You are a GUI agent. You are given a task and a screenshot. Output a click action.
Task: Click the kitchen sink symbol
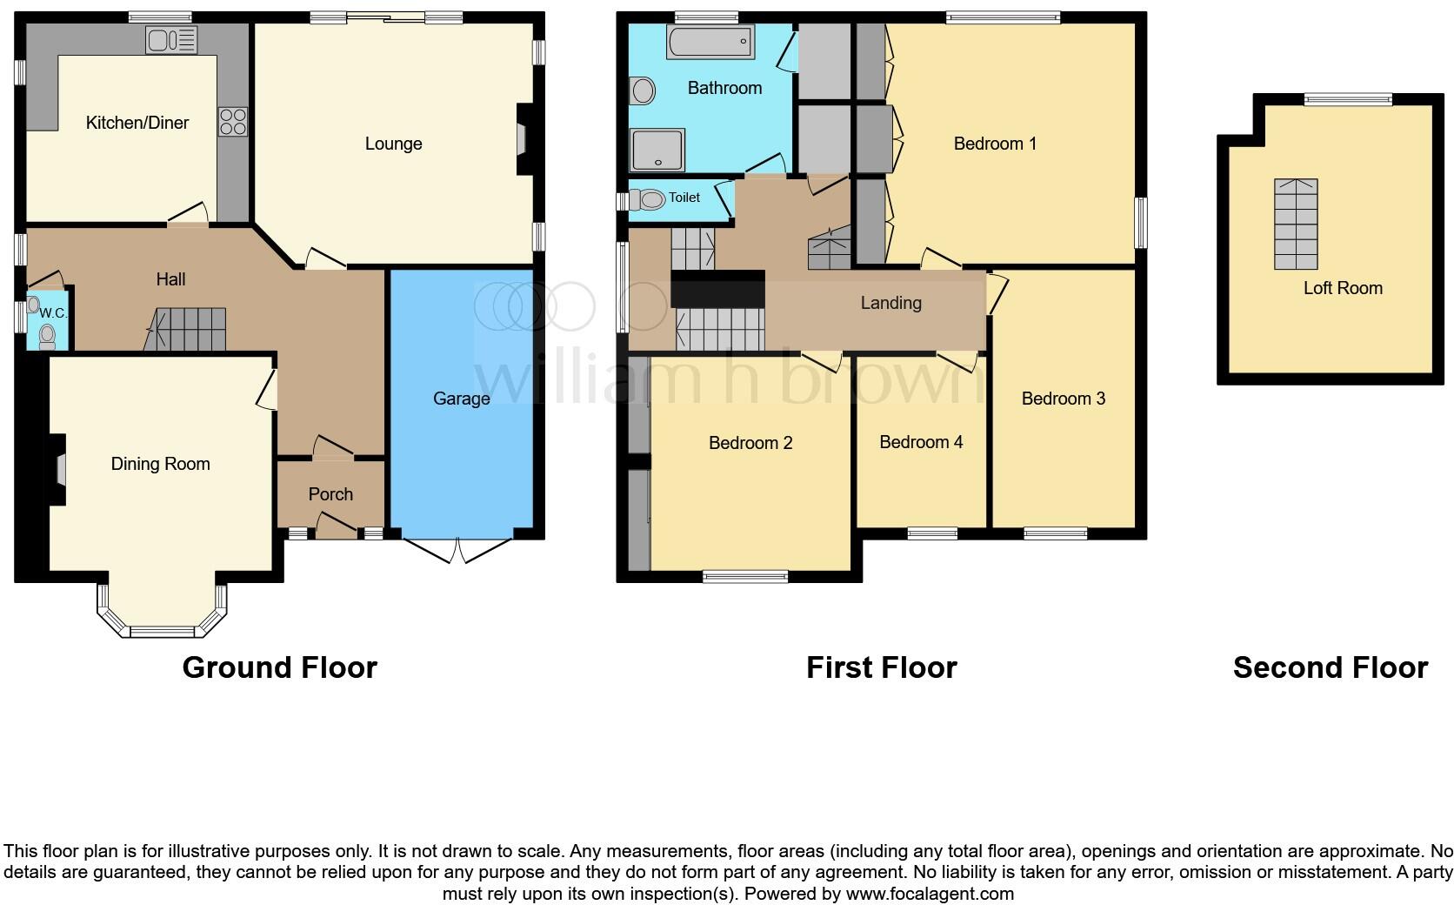172,39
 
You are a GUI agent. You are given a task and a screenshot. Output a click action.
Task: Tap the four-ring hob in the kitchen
233,121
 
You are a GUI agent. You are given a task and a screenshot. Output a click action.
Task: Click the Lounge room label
393,144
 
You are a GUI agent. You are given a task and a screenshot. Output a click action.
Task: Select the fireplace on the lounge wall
524,139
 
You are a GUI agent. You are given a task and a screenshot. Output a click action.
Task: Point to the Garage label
461,399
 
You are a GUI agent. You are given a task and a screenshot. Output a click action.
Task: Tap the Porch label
330,494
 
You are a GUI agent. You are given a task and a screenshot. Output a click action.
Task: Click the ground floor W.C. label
53,313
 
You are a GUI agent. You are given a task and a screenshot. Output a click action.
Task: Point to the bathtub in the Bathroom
710,41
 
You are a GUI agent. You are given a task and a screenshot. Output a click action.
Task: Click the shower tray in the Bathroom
657,150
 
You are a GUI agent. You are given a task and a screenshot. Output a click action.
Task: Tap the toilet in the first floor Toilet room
647,199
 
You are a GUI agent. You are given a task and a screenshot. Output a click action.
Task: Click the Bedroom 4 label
921,442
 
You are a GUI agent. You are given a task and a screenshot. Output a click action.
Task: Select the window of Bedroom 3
1055,533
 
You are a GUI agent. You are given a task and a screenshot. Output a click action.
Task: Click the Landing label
890,303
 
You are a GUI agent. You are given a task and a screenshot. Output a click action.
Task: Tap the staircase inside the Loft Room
1296,224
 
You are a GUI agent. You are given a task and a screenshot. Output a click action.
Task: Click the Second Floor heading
1330,667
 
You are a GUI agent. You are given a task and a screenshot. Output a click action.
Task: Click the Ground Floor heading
279,667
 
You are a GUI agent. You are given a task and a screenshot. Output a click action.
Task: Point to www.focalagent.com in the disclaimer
930,894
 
